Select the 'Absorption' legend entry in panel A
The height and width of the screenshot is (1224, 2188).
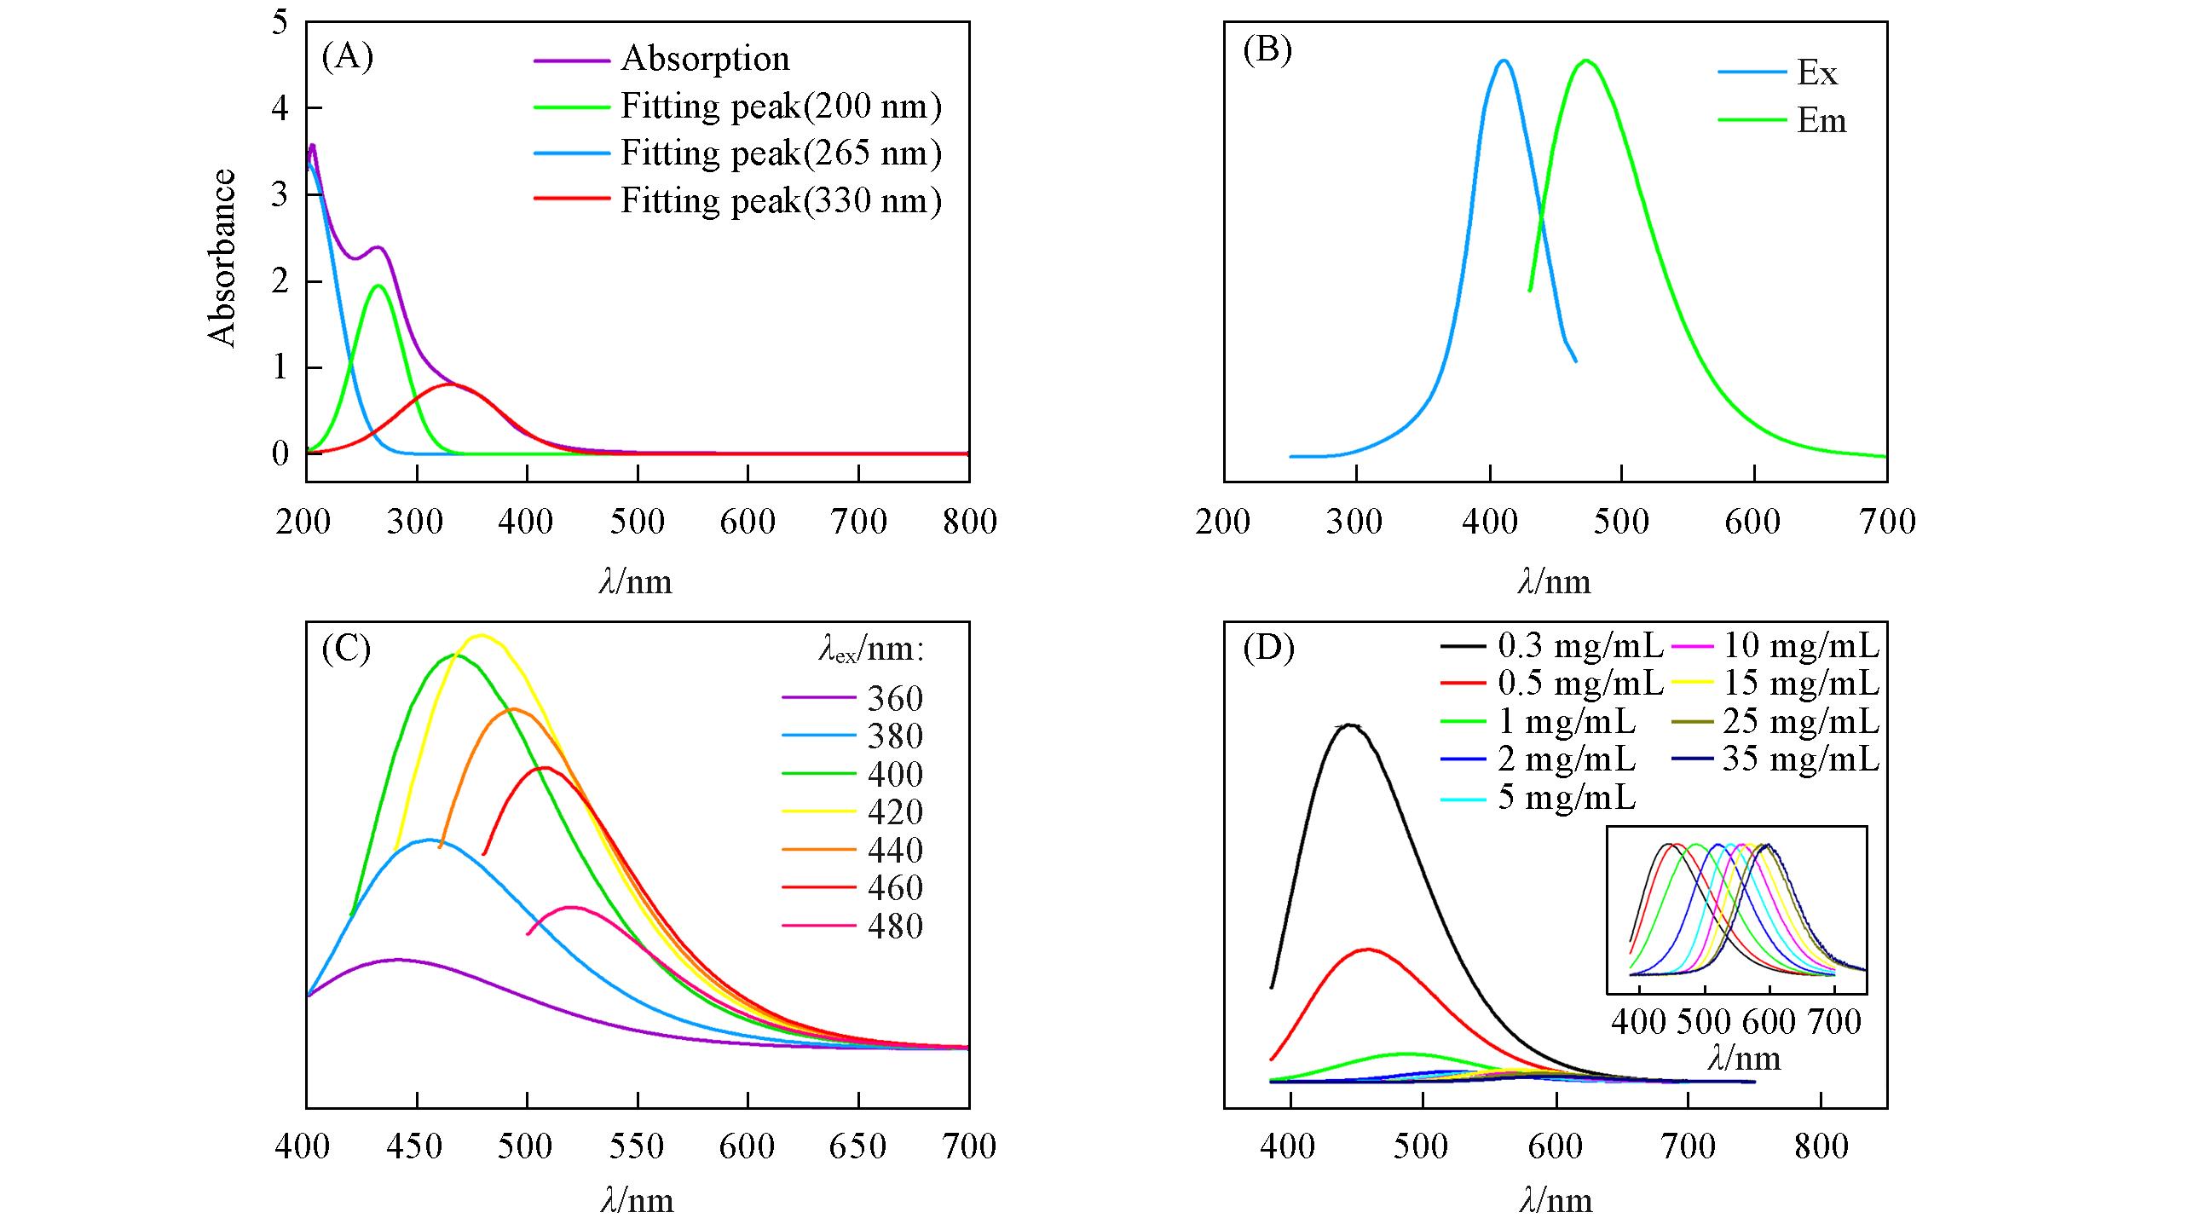point(705,59)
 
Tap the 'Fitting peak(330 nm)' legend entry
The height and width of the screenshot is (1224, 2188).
point(781,201)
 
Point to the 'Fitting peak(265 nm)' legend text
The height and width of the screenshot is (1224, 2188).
point(781,153)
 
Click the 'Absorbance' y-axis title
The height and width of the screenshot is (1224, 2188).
point(222,258)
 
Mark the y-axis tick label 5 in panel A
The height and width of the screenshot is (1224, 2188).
point(280,22)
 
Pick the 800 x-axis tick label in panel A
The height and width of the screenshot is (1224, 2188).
point(969,522)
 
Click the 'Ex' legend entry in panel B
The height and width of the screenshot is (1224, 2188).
point(1816,73)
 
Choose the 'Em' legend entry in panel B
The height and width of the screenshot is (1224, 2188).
point(1821,121)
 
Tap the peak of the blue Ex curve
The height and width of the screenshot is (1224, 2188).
point(1504,61)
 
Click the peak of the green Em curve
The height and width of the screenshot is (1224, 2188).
point(1585,61)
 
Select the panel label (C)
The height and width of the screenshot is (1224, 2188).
point(347,649)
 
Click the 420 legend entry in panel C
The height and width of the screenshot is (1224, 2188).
point(895,812)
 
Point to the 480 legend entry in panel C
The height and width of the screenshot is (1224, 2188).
point(895,926)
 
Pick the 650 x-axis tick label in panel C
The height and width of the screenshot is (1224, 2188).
point(857,1146)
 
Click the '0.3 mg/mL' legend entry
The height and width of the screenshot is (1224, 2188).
point(1579,646)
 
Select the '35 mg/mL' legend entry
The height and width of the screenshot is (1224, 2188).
point(1800,759)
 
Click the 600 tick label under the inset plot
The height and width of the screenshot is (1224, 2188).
point(1769,1021)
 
